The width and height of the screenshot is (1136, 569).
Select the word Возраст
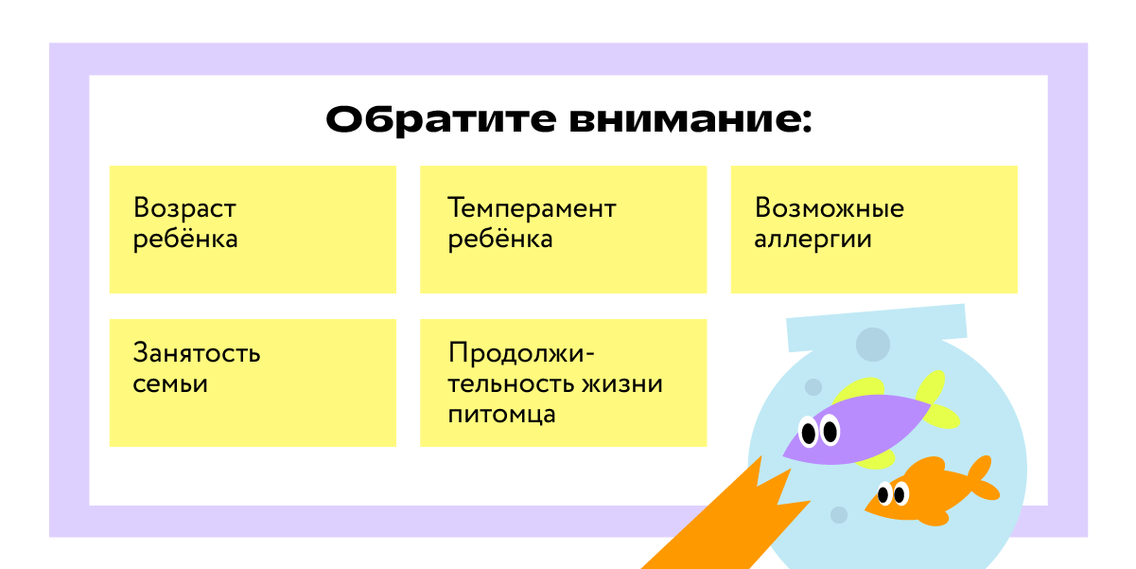[x=184, y=208]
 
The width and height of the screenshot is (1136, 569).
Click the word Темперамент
[x=532, y=208]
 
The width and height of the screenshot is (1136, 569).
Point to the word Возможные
[x=829, y=208]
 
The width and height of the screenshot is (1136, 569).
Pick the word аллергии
[x=813, y=239]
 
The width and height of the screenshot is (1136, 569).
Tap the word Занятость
[x=197, y=354]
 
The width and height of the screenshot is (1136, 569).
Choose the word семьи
[x=170, y=384]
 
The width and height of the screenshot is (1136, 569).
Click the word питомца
[x=502, y=415]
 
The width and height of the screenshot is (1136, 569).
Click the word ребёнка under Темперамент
[x=500, y=239]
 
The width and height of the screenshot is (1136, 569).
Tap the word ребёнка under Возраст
[x=185, y=239]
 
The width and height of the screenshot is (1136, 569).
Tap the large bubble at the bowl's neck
[x=872, y=345]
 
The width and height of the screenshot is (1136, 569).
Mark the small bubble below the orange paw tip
[x=838, y=514]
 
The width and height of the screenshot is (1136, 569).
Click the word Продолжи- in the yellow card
[x=521, y=354]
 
